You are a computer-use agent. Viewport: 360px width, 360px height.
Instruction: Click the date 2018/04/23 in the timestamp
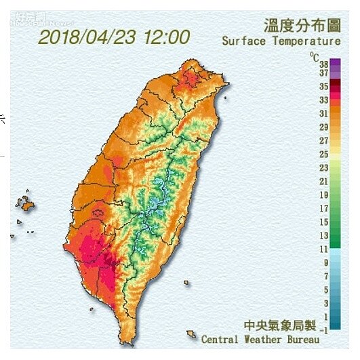pos(87,37)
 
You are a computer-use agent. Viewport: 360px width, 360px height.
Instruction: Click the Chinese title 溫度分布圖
pos(301,26)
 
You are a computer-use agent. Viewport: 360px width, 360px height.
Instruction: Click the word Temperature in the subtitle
pos(306,41)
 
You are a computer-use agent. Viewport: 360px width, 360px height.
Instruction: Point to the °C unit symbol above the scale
pos(314,54)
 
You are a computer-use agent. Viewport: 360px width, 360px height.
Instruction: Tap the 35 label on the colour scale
pos(324,87)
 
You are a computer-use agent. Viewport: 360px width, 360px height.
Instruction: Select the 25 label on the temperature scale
pos(324,154)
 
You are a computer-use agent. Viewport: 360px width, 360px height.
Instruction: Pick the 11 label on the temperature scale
pos(324,249)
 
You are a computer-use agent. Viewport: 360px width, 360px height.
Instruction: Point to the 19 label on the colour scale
pos(324,195)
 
